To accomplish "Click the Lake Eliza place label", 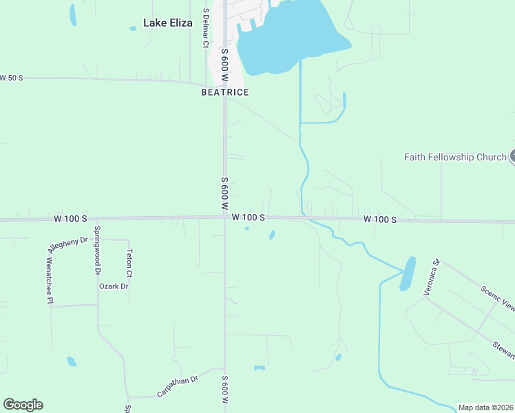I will (167, 23).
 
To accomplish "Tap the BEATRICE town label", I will (224, 92).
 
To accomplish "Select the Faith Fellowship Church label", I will (455, 157).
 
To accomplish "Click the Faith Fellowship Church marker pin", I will (512, 157).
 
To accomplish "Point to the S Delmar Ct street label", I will (205, 28).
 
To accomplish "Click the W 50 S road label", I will (12, 78).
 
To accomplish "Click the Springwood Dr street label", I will (97, 248).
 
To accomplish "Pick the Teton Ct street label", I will (129, 263).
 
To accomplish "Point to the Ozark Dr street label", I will (114, 286).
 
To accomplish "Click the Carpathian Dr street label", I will (177, 386).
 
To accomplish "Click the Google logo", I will (23, 405).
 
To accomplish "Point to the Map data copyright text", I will (485, 407).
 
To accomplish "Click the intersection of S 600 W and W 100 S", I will (224, 218).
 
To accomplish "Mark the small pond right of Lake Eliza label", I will (133, 29).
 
